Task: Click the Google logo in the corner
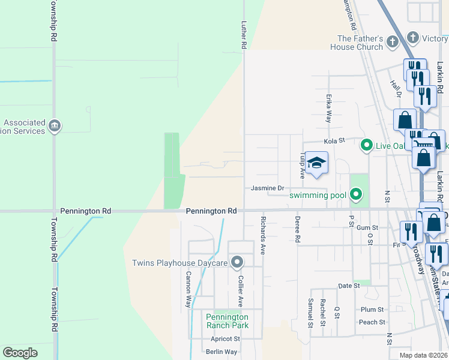tap(20, 353)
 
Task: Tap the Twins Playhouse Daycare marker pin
tap(237, 262)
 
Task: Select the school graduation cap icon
tap(316, 163)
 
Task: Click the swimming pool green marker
tap(356, 194)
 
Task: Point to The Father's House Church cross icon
tap(393, 42)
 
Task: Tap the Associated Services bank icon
tap(55, 126)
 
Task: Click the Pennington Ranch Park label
tap(227, 321)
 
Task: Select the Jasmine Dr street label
tap(267, 188)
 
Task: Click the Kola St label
tap(335, 141)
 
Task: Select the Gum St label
tap(367, 228)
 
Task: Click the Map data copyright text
tap(424, 355)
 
